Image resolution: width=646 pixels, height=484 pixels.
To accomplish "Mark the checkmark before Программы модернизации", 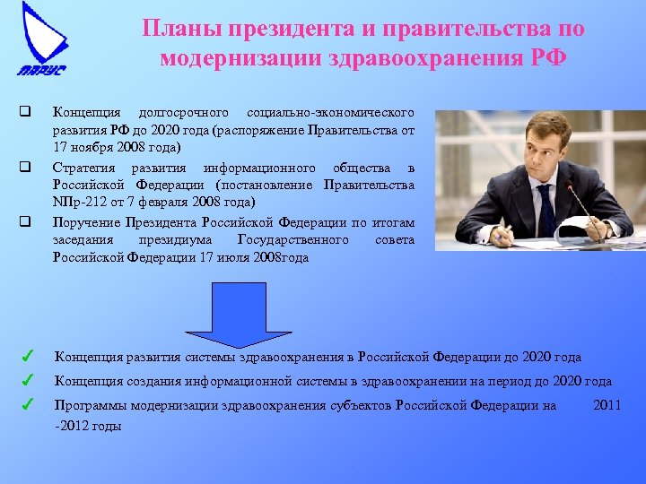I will (28, 405).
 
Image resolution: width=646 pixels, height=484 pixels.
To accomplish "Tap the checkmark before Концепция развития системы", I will (28, 358).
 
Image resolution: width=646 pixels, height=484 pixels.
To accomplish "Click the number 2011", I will (607, 405).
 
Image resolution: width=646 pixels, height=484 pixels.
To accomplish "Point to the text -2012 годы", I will (88, 426).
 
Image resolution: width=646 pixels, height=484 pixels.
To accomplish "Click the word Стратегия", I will (85, 168).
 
